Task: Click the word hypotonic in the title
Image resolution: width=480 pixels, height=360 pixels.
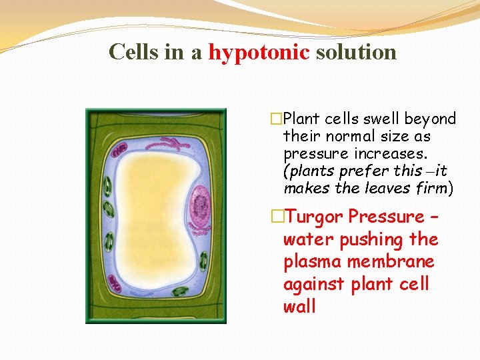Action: (x=259, y=52)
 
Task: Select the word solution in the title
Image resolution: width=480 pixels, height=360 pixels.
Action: (x=356, y=52)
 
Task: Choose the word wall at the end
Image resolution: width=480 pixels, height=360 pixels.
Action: (x=299, y=307)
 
